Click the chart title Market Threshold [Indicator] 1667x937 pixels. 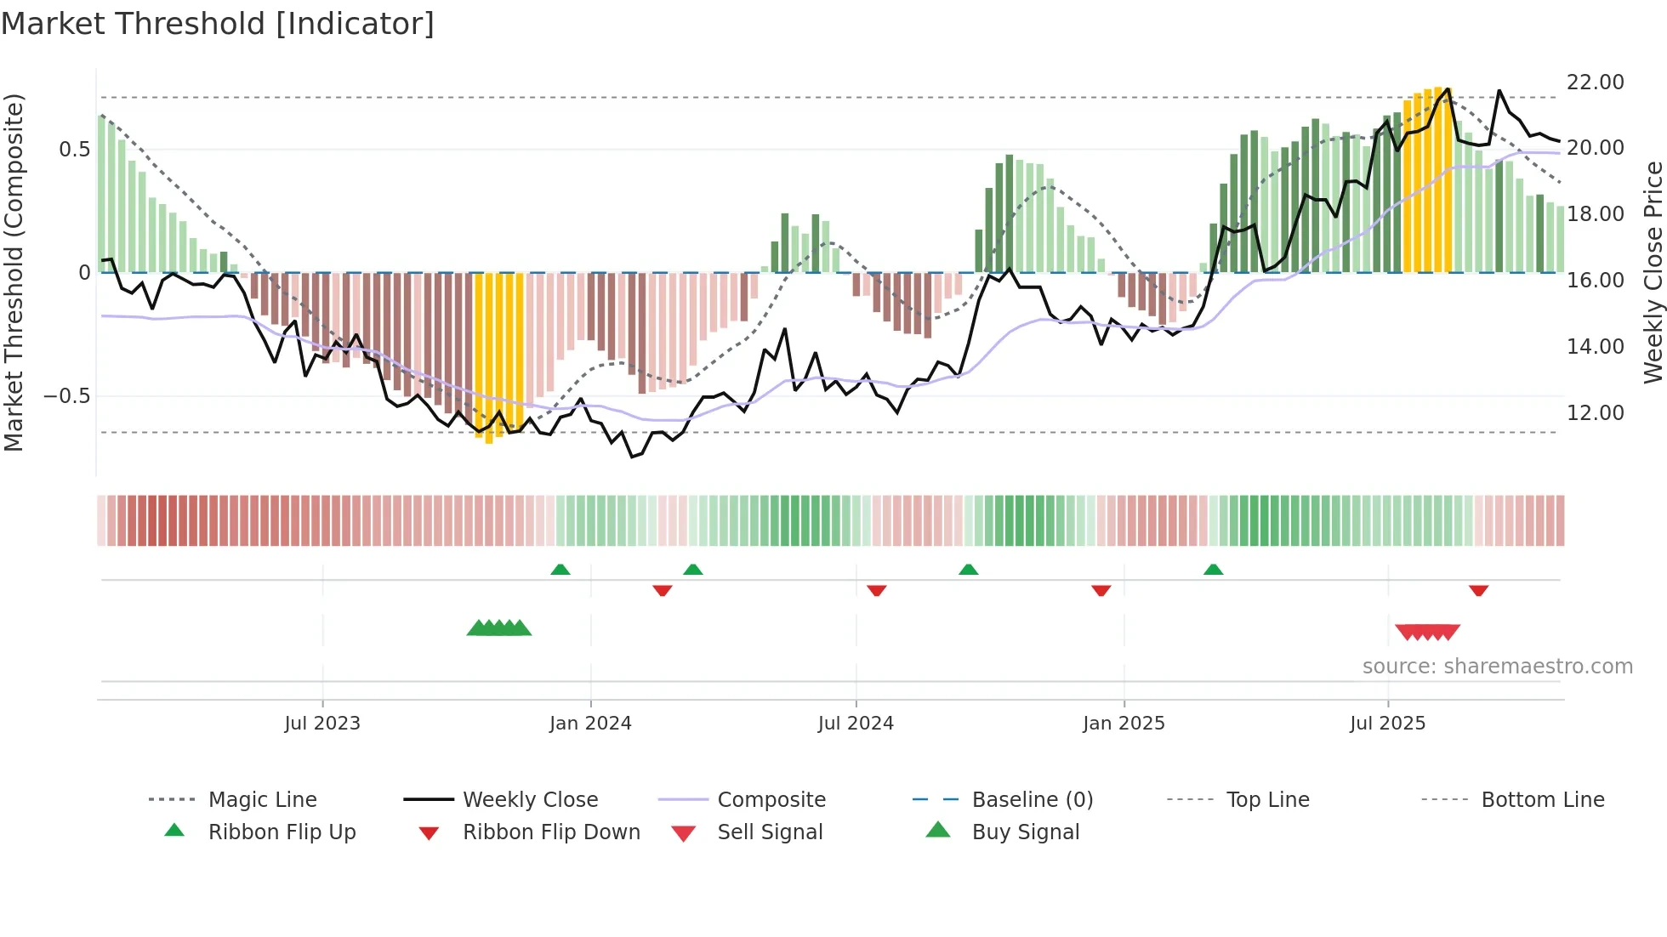coord(218,24)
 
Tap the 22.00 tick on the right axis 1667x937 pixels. coord(1595,82)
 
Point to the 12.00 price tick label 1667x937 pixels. coord(1595,413)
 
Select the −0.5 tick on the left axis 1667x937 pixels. coord(66,396)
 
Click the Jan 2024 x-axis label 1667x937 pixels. coord(590,724)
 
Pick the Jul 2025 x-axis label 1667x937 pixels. coord(1387,724)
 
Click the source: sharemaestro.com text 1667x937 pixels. coord(1497,667)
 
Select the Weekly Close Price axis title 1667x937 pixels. coord(1653,272)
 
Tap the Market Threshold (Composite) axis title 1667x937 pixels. coord(14,272)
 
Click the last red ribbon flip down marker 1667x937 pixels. coord(1478,590)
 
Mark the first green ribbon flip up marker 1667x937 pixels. coord(560,570)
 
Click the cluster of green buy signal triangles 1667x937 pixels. coord(499,628)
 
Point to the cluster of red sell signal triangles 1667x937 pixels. coord(1427,632)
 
